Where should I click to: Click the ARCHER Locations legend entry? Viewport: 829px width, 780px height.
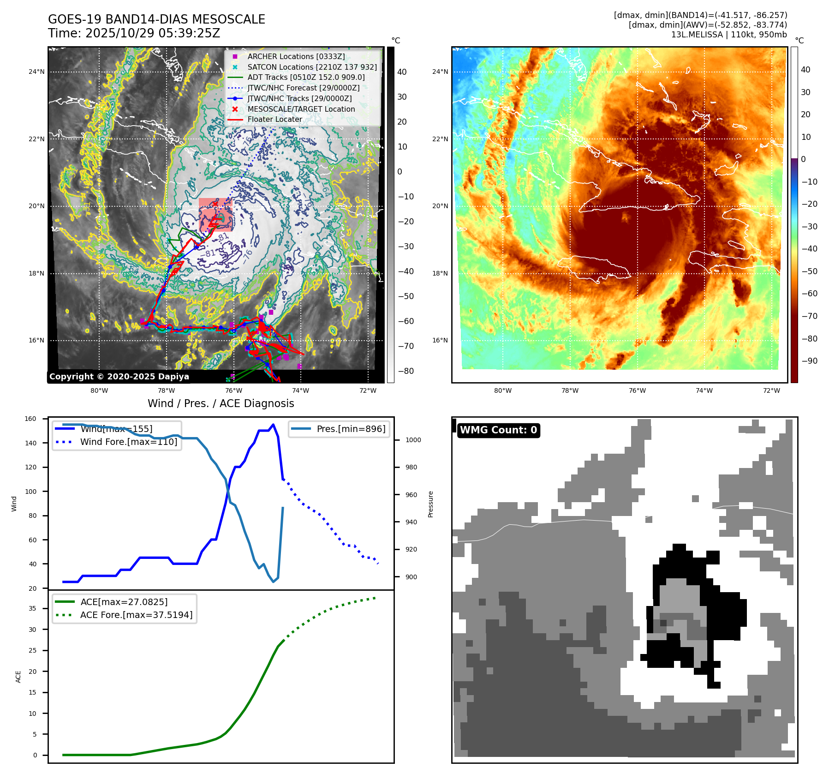point(296,56)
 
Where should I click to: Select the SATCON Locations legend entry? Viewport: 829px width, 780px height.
point(312,67)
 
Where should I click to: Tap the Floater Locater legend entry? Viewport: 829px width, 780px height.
point(274,119)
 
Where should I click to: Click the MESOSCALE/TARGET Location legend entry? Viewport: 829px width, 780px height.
point(301,109)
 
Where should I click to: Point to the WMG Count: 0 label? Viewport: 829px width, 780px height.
point(498,430)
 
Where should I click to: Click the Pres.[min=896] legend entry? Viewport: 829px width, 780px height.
point(351,429)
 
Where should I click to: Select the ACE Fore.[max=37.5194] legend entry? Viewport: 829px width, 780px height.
point(136,615)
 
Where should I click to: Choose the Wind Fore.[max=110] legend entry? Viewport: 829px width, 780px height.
point(128,442)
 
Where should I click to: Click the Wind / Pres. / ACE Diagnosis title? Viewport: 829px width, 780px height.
point(221,403)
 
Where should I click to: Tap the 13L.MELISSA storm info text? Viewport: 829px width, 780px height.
point(729,35)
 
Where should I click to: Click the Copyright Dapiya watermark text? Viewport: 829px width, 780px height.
point(119,377)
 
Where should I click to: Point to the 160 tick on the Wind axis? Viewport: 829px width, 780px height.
point(30,419)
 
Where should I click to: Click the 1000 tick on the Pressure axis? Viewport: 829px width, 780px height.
point(413,440)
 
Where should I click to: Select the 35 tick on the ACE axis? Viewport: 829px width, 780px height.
point(32,608)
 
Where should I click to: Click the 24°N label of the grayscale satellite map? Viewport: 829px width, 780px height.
point(37,72)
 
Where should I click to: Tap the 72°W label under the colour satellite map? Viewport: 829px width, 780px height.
point(771,390)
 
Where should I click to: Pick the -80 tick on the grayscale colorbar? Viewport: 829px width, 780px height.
point(406,371)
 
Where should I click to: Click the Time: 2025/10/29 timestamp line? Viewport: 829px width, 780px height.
point(134,33)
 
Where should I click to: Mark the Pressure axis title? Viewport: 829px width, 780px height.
point(430,504)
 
